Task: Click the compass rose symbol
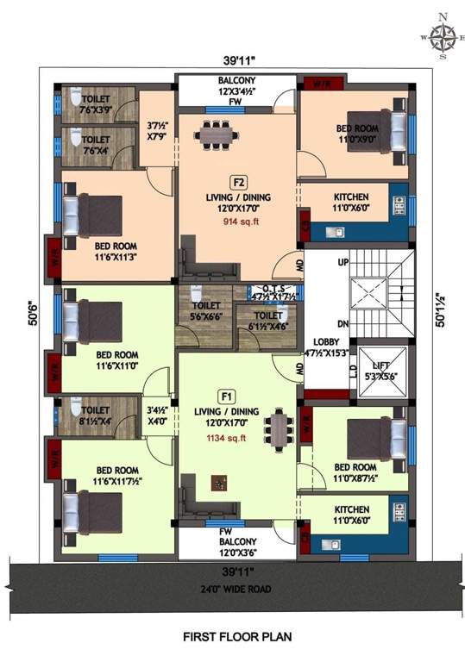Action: [x=443, y=37]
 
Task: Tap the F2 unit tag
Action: [x=238, y=182]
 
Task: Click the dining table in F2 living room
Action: [x=213, y=134]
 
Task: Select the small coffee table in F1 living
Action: [x=219, y=483]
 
